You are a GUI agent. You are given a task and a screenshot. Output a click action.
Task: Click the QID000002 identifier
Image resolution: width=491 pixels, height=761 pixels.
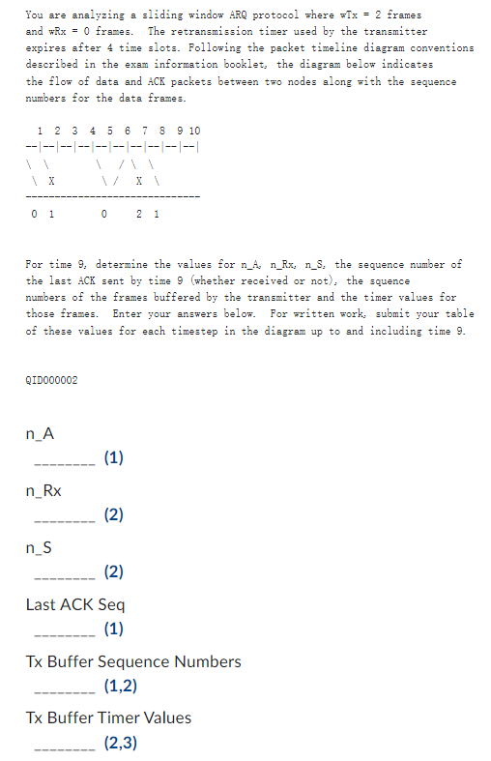point(51,380)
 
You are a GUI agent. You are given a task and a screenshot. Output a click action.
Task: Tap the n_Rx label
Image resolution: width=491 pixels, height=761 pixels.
point(43,491)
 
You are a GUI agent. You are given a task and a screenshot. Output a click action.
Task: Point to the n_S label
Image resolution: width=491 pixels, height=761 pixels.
point(40,548)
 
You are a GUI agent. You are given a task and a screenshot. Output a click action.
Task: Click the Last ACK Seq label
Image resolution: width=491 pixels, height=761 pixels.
point(74,605)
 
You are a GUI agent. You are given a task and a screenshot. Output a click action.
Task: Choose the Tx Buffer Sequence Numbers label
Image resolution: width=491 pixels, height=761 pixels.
point(132,661)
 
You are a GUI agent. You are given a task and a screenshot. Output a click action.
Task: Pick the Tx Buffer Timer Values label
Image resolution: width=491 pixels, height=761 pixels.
point(108,717)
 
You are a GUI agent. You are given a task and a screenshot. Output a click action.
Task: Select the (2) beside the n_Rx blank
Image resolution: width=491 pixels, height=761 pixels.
point(113,515)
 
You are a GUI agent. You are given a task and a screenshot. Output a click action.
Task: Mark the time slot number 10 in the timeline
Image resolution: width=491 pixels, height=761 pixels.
point(194,130)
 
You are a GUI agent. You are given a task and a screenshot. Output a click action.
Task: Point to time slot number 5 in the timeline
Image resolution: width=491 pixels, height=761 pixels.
point(109,130)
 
